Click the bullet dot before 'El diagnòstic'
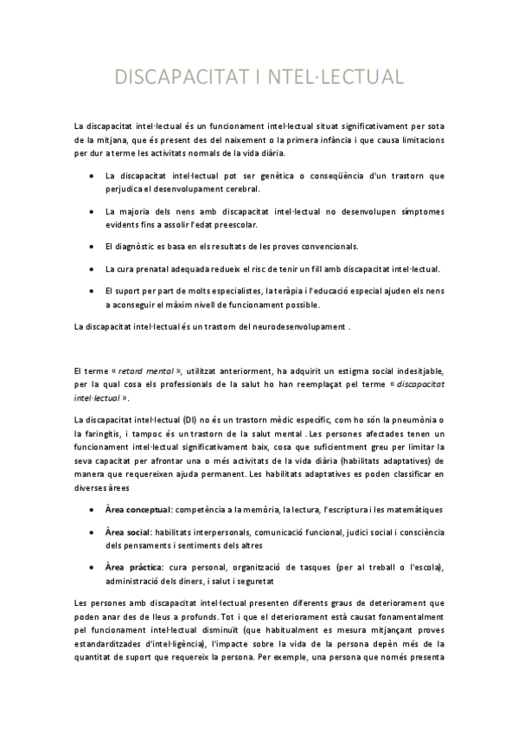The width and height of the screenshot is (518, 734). tap(93, 247)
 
